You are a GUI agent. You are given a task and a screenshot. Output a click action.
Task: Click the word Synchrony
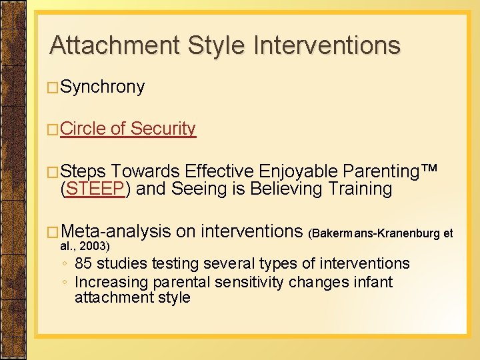click(x=103, y=87)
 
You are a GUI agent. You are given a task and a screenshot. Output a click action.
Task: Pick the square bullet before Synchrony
click(x=55, y=88)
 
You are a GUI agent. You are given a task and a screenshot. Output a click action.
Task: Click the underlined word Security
click(x=163, y=129)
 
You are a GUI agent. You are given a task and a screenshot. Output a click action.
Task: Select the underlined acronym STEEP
click(x=96, y=189)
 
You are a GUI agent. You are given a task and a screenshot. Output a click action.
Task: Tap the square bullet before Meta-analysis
click(x=55, y=232)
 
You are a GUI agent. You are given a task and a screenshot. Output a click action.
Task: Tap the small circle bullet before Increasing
click(x=63, y=283)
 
